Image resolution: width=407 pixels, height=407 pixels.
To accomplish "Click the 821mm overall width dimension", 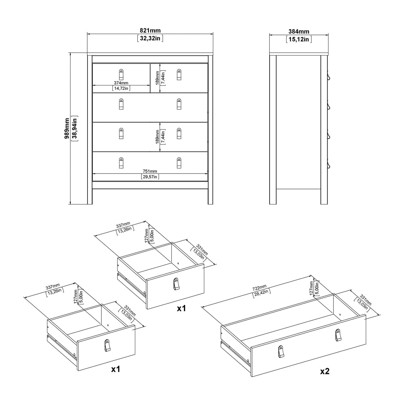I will pyautogui.click(x=150, y=31).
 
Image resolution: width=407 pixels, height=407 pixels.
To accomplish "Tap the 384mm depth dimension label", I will pyautogui.click(x=299, y=32).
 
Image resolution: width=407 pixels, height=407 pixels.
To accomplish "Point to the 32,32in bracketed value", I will pyautogui.click(x=150, y=38).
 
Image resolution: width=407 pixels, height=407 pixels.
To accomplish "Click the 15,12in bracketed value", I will pyautogui.click(x=299, y=39).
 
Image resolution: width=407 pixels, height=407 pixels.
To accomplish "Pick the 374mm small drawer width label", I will pyautogui.click(x=121, y=83).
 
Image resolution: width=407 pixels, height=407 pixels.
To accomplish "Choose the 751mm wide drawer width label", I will pyautogui.click(x=150, y=171).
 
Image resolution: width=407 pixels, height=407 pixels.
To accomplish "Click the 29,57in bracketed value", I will pyautogui.click(x=150, y=177).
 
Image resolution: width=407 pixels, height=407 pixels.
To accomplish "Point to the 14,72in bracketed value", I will pyautogui.click(x=121, y=88).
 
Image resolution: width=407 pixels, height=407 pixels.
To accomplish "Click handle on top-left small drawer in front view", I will pyautogui.click(x=121, y=75).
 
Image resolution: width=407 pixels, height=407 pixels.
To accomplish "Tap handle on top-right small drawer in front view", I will pyautogui.click(x=179, y=75).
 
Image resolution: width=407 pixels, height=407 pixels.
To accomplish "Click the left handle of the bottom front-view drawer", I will pyautogui.click(x=121, y=163).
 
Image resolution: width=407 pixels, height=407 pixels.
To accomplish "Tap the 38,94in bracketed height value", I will pyautogui.click(x=75, y=128).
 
